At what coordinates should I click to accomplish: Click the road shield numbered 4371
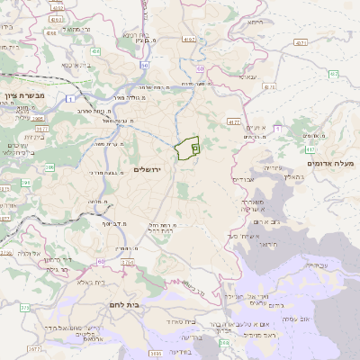coord(301,42)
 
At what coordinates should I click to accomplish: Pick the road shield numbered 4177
coord(234,120)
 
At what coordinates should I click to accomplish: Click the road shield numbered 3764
coord(127,262)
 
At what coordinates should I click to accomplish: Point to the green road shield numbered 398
coord(223,342)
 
